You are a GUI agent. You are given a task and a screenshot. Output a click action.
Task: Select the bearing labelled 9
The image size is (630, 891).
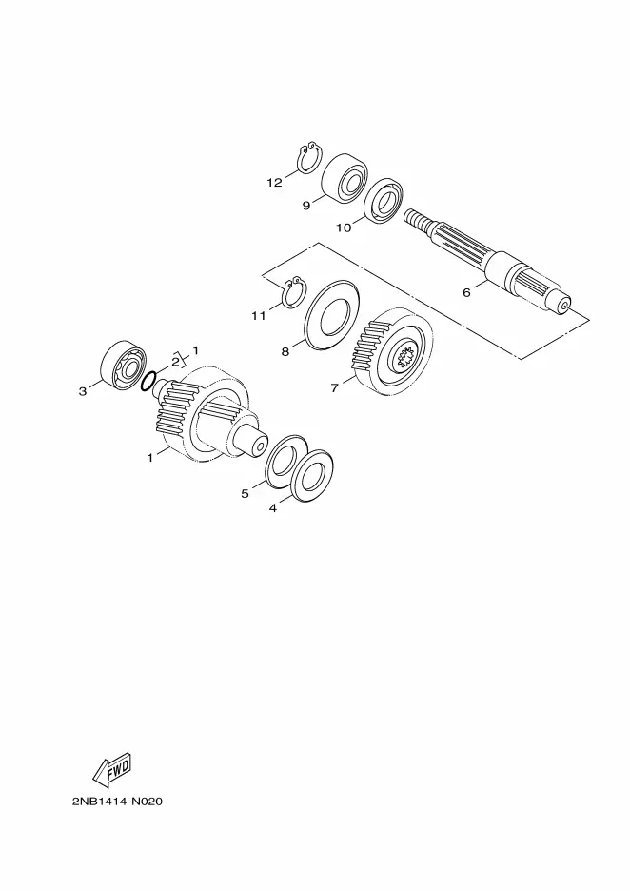click(345, 177)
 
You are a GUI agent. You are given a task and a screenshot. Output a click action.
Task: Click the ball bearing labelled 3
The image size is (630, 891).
click(124, 367)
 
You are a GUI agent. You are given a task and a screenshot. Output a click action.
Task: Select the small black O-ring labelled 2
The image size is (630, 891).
click(148, 383)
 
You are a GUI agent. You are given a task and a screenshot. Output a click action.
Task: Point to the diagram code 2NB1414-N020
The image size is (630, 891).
click(118, 802)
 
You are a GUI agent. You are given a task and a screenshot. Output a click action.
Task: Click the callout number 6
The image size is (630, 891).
click(466, 292)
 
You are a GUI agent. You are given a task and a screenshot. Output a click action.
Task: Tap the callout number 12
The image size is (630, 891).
click(274, 183)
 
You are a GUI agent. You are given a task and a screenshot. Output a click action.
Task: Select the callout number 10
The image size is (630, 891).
click(344, 228)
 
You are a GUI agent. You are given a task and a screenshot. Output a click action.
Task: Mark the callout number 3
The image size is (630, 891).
click(83, 391)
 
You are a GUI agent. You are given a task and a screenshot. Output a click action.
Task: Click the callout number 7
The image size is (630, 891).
click(335, 388)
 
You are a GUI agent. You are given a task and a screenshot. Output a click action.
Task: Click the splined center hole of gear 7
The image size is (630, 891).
click(406, 357)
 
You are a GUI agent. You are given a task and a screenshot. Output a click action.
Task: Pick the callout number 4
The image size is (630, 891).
click(273, 508)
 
